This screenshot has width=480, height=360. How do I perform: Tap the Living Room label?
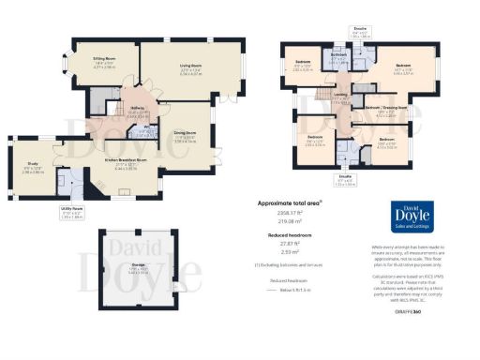pyautogui.click(x=191, y=66)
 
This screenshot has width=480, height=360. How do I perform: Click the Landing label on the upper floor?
pyautogui.click(x=339, y=95)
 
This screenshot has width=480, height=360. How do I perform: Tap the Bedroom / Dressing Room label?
pyautogui.click(x=385, y=108)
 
